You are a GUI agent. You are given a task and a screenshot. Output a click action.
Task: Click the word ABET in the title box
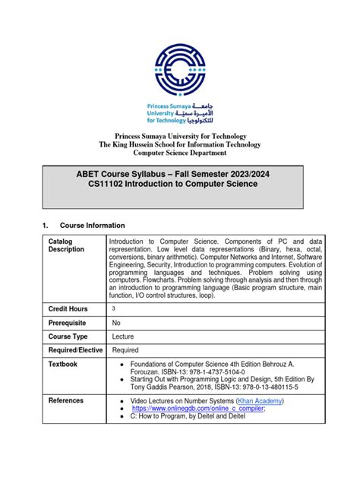[x=80, y=174]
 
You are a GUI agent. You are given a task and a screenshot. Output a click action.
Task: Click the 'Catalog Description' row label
[x=66, y=245]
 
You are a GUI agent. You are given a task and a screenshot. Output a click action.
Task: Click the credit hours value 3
[x=114, y=309]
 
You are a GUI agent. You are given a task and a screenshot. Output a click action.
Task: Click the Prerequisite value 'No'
[x=116, y=322]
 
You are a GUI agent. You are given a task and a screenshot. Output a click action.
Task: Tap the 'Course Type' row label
[x=68, y=336]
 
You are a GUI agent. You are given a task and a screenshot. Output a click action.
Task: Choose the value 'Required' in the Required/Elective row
[x=125, y=350]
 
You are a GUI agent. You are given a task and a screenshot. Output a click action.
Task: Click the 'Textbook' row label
[x=63, y=365]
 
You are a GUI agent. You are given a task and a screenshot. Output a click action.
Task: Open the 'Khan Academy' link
[x=261, y=400]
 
